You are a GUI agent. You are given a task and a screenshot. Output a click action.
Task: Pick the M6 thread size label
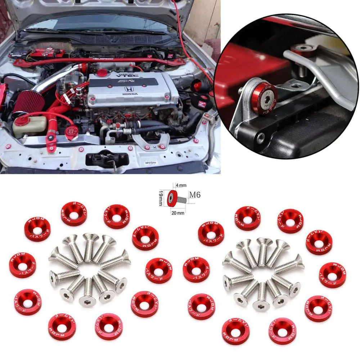click(194, 195)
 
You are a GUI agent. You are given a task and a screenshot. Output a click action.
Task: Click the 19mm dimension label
click(162, 198)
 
